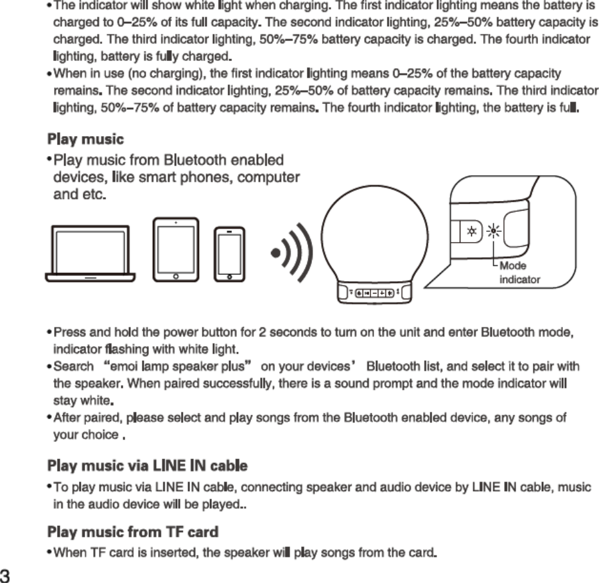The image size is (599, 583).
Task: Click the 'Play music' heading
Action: click(86, 139)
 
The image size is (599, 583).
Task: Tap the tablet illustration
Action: click(175, 249)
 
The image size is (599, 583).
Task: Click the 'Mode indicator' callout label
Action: click(519, 273)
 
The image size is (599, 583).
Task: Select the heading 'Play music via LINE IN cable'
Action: click(148, 464)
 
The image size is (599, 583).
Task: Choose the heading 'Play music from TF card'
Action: click(133, 532)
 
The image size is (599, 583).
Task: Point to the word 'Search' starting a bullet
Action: click(73, 367)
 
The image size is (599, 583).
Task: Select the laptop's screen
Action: click(90, 249)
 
